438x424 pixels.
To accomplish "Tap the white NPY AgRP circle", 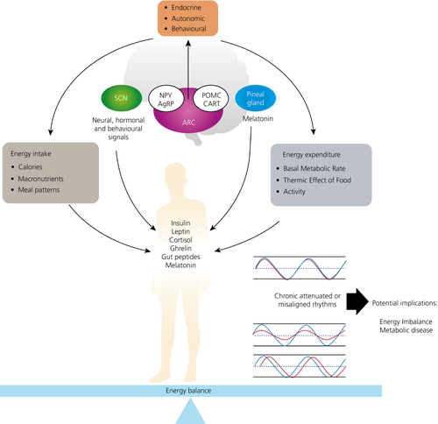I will pyautogui.click(x=166, y=98).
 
